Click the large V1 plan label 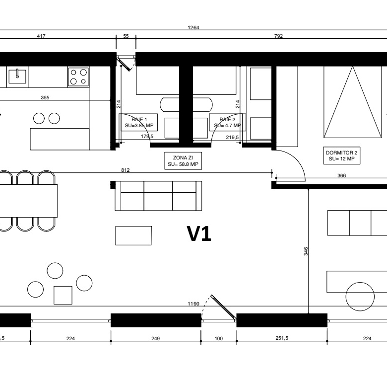click(x=199, y=233)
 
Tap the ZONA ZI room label click(x=183, y=161)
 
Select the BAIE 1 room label click(x=139, y=122)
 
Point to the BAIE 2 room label click(x=227, y=122)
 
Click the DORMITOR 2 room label click(x=342, y=155)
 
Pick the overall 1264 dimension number click(x=193, y=27)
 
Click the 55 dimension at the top click(x=126, y=36)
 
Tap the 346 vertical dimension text click(x=306, y=251)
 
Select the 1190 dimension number click(x=193, y=303)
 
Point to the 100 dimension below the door click(x=219, y=338)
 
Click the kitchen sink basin click(x=17, y=76)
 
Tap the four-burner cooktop click(x=78, y=77)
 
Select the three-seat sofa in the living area click(x=158, y=196)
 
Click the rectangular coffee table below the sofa click(x=133, y=235)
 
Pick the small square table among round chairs click(x=63, y=295)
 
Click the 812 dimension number click(x=126, y=170)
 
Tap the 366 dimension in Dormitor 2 click(x=341, y=176)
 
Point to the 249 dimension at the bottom click(x=155, y=338)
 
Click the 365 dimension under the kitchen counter click(x=45, y=97)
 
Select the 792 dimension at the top click(x=278, y=36)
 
